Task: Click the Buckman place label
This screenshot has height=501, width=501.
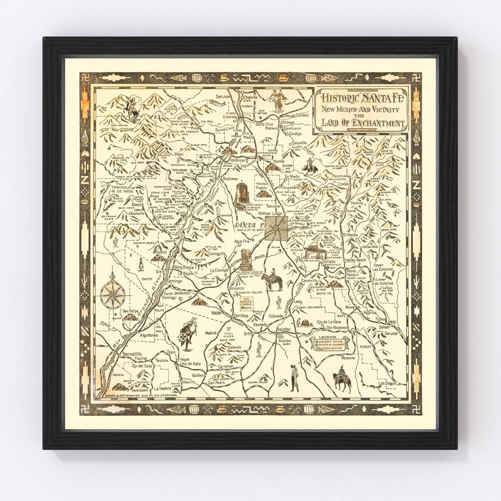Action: tap(231, 179)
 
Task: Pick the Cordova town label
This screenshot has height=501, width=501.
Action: tap(302, 115)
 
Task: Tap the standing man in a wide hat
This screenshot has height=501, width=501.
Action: tap(294, 378)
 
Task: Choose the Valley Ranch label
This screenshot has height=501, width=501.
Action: tap(355, 260)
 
